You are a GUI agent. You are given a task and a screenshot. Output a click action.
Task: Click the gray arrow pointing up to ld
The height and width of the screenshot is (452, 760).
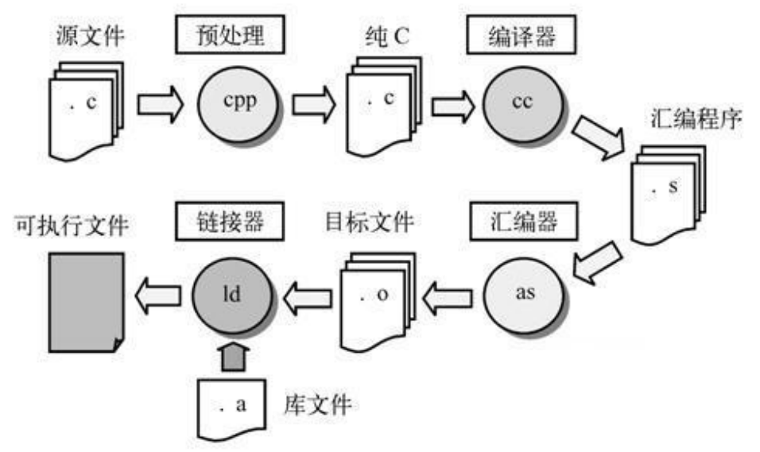(x=231, y=357)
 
